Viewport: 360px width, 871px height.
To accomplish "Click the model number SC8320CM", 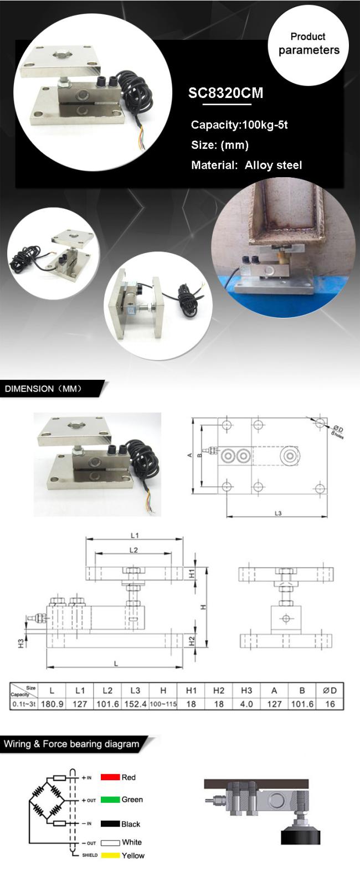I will tap(225, 93).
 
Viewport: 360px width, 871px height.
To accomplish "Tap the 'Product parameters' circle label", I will tap(308, 44).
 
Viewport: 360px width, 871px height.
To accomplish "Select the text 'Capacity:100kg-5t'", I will tap(239, 125).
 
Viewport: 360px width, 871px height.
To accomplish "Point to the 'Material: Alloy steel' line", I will tap(246, 165).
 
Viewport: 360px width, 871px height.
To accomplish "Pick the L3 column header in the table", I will tap(135, 690).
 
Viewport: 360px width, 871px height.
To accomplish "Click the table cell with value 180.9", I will tap(52, 704).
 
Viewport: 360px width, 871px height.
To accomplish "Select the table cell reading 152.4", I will tap(135, 704).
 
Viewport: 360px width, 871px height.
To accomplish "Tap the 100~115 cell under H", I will tap(163, 704).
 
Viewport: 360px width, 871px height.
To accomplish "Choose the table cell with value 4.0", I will tap(246, 704).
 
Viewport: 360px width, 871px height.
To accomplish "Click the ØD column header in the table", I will tap(330, 690).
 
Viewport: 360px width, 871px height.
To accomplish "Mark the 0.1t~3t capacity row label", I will tap(23, 704).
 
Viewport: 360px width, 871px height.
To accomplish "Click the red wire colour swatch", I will tap(110, 777).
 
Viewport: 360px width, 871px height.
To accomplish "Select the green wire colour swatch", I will tap(110, 800).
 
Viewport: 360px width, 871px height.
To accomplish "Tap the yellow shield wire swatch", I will tap(110, 855).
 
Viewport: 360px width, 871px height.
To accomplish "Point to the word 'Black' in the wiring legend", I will tap(131, 824).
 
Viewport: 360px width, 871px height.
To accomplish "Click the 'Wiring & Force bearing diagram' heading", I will tap(71, 744).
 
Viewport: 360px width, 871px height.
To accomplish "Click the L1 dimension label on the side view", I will tap(135, 535).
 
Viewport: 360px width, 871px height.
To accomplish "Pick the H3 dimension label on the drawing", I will tap(20, 643).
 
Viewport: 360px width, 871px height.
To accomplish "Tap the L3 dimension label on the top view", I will tap(278, 513).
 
